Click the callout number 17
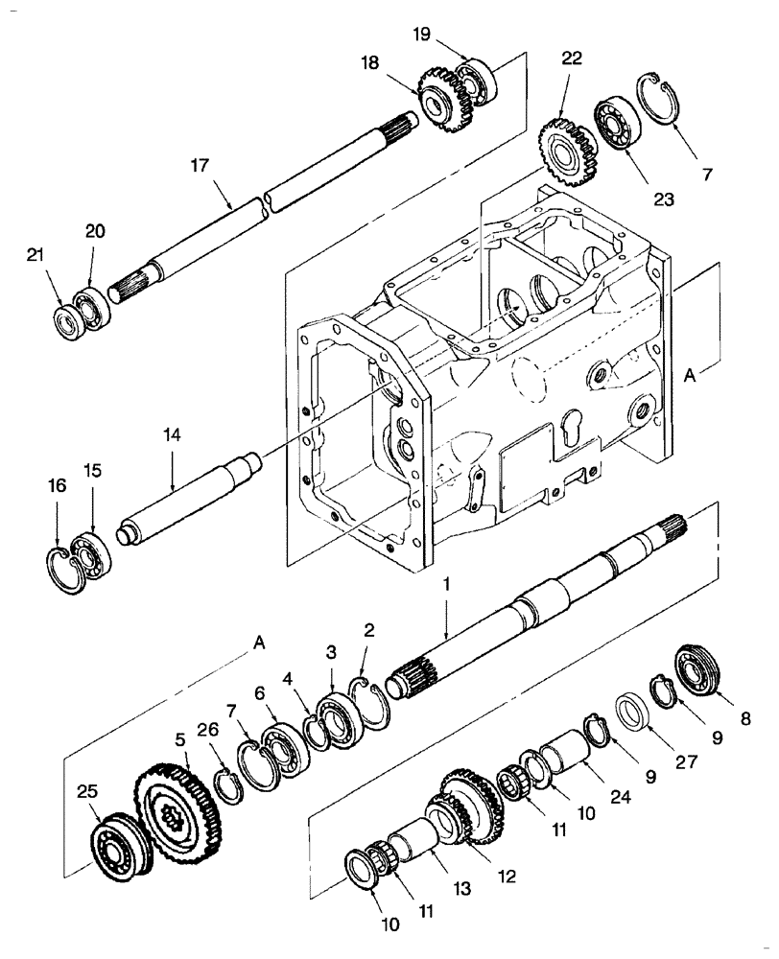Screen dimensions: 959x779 [199, 165]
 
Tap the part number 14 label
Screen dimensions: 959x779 [171, 434]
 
